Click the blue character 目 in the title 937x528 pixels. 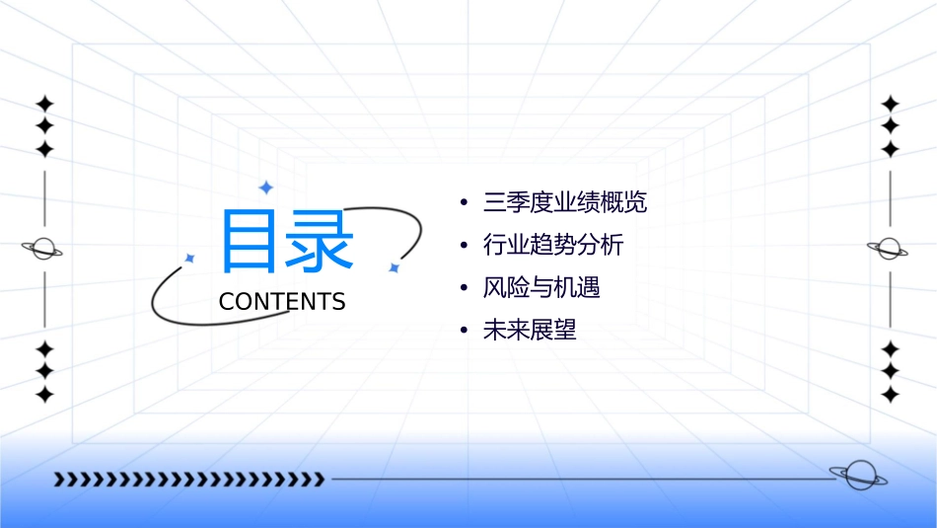click(251, 241)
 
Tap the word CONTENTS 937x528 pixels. click(282, 301)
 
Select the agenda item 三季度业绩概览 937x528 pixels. click(565, 203)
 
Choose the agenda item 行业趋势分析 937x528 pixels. click(553, 245)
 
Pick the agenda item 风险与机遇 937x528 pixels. click(541, 287)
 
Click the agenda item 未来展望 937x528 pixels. click(530, 330)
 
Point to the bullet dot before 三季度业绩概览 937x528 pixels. click(464, 204)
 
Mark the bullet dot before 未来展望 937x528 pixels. click(464, 331)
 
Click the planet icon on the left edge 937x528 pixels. click(43, 249)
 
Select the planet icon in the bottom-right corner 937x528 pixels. click(857, 476)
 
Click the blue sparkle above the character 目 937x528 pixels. click(265, 187)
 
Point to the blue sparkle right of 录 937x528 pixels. click(394, 267)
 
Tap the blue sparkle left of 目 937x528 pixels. click(190, 258)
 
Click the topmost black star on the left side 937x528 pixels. click(44, 104)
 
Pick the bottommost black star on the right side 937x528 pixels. click(890, 395)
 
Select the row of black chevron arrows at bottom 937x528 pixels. click(188, 480)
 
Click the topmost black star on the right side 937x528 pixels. click(890, 104)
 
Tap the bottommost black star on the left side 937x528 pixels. click(44, 395)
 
